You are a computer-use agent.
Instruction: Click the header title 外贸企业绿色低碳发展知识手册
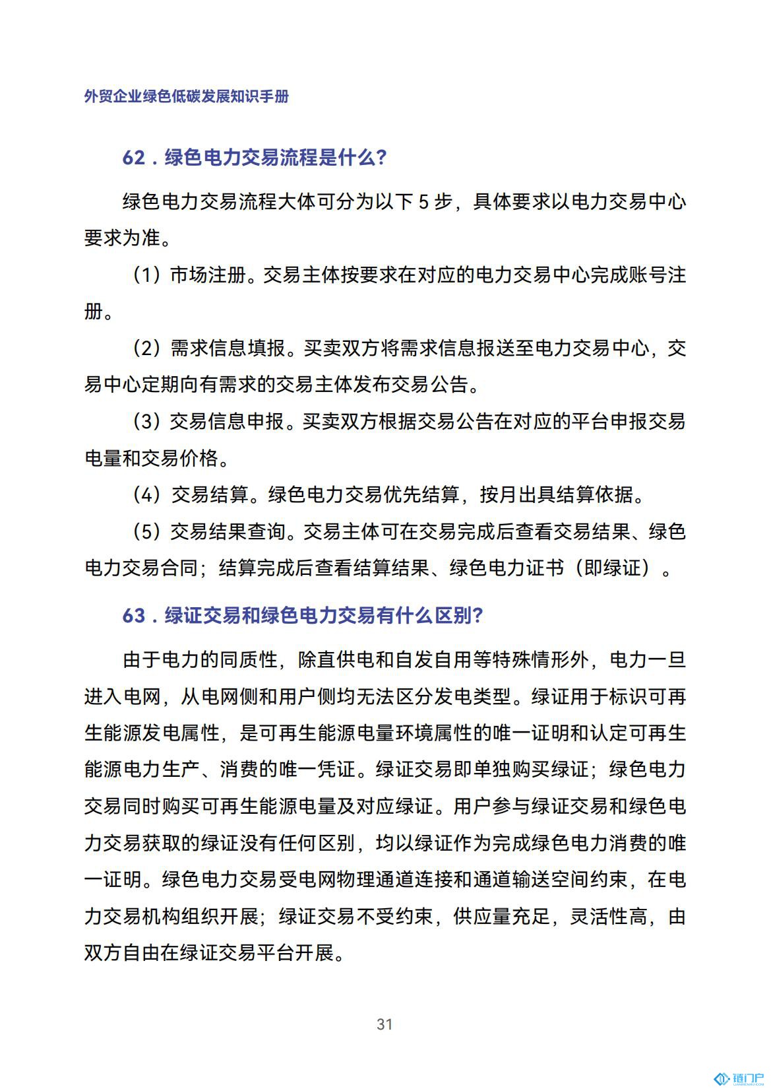[x=187, y=96]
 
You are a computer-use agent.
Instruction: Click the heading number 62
[x=133, y=158]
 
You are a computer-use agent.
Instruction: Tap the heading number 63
[x=133, y=615]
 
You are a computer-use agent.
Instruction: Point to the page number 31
[x=385, y=1024]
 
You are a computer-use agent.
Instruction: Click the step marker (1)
[x=147, y=275]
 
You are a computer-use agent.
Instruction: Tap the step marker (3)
[x=147, y=421]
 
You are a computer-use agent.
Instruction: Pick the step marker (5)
[x=147, y=531]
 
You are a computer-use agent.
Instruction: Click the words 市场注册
[x=208, y=275]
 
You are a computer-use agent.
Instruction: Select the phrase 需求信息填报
[x=228, y=348]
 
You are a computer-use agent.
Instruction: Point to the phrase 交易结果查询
[x=228, y=531]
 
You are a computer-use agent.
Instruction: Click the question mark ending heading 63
[x=478, y=615]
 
